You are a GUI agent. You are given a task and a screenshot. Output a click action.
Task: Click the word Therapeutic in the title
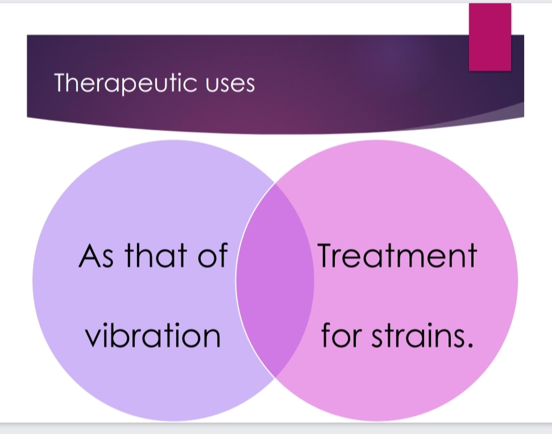point(125,84)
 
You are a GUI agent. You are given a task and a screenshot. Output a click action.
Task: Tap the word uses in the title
point(230,85)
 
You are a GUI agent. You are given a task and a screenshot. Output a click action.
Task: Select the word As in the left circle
point(96,256)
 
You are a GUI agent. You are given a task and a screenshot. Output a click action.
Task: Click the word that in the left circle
point(156,254)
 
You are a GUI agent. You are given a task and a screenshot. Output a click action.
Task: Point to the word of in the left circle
point(213,254)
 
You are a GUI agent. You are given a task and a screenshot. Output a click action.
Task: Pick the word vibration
point(153,335)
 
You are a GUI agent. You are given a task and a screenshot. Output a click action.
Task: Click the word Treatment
point(397,255)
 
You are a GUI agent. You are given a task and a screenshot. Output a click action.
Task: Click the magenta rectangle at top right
point(489,37)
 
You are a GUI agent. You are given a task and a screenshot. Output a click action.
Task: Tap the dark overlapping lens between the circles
point(275,281)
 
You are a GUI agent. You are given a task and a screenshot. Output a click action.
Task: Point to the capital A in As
point(88,256)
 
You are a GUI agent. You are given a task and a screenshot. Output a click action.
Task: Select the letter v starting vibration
point(93,338)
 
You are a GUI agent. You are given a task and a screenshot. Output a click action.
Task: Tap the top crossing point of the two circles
point(275,183)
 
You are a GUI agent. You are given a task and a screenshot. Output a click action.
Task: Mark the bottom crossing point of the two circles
point(275,378)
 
